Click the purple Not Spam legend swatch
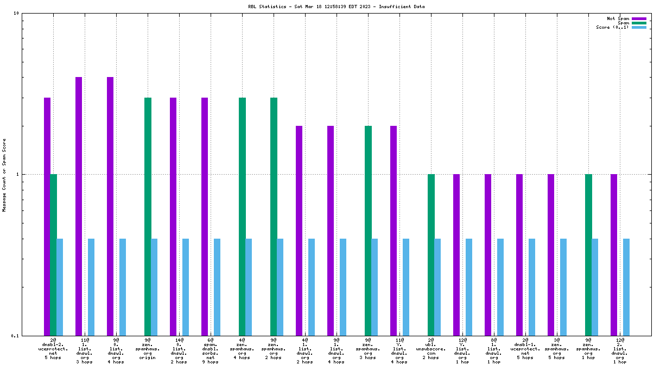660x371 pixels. coord(639,18)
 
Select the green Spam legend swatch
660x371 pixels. coord(639,23)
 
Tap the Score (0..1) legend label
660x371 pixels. coord(612,27)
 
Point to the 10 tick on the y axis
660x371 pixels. coord(16,13)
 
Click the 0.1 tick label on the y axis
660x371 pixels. coord(14,336)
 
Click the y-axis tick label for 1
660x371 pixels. coord(17,174)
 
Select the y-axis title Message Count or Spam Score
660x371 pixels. coord(4,175)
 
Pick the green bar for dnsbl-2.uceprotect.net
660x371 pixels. coord(53,254)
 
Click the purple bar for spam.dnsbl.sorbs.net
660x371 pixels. coord(205,216)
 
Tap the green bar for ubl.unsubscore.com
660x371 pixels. coord(431,254)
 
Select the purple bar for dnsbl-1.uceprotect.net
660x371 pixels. coord(519,254)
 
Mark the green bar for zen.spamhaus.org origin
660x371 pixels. coord(148,216)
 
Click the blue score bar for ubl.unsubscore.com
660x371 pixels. coord(437,287)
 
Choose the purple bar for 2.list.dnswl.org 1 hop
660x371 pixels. coord(614,254)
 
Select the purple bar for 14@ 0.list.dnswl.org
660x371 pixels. coord(173,216)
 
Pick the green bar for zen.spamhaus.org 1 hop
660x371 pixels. coord(588,254)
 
